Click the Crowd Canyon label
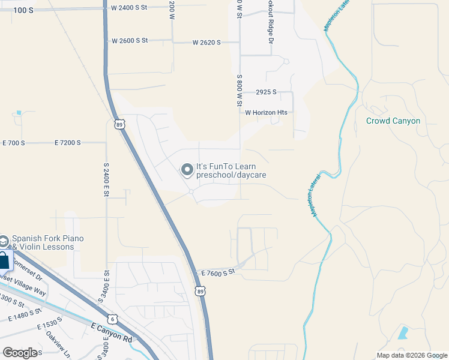click(x=393, y=121)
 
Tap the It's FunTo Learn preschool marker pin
click(x=187, y=170)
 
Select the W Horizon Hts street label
click(x=266, y=112)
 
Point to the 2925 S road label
click(x=266, y=92)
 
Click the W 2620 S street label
click(x=206, y=43)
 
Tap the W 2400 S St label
click(x=130, y=8)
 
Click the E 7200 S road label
click(x=71, y=143)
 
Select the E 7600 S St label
click(x=217, y=272)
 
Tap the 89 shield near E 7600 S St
click(x=200, y=290)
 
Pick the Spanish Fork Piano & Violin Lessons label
click(x=47, y=242)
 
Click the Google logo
click(x=20, y=352)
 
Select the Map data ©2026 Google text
click(x=411, y=355)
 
